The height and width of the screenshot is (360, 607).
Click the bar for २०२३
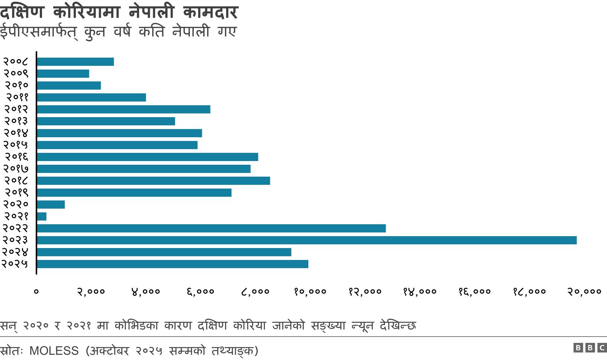(x=306, y=240)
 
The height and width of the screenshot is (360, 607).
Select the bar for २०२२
(x=211, y=228)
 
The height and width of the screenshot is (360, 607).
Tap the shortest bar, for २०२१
(x=42, y=216)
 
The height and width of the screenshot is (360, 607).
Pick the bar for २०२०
(x=51, y=205)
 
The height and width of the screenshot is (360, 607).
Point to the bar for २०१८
(x=153, y=181)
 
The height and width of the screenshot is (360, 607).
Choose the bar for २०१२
(x=123, y=109)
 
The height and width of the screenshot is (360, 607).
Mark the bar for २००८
(x=75, y=62)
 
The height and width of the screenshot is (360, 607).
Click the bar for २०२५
(x=173, y=264)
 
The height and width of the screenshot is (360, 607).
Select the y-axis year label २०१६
(x=16, y=157)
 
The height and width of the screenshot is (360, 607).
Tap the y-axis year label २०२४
(x=15, y=252)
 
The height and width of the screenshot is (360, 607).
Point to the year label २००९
(x=16, y=74)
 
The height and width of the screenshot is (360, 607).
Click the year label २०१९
(x=16, y=193)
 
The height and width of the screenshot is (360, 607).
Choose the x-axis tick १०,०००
(x=310, y=292)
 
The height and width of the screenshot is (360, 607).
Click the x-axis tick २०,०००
(x=584, y=292)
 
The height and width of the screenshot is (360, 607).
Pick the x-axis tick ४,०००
(x=145, y=292)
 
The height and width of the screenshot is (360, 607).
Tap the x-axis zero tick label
(x=36, y=292)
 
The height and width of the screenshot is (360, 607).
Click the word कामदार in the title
(x=210, y=12)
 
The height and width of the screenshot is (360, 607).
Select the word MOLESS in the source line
(x=54, y=351)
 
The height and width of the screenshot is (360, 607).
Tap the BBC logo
(x=590, y=348)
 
